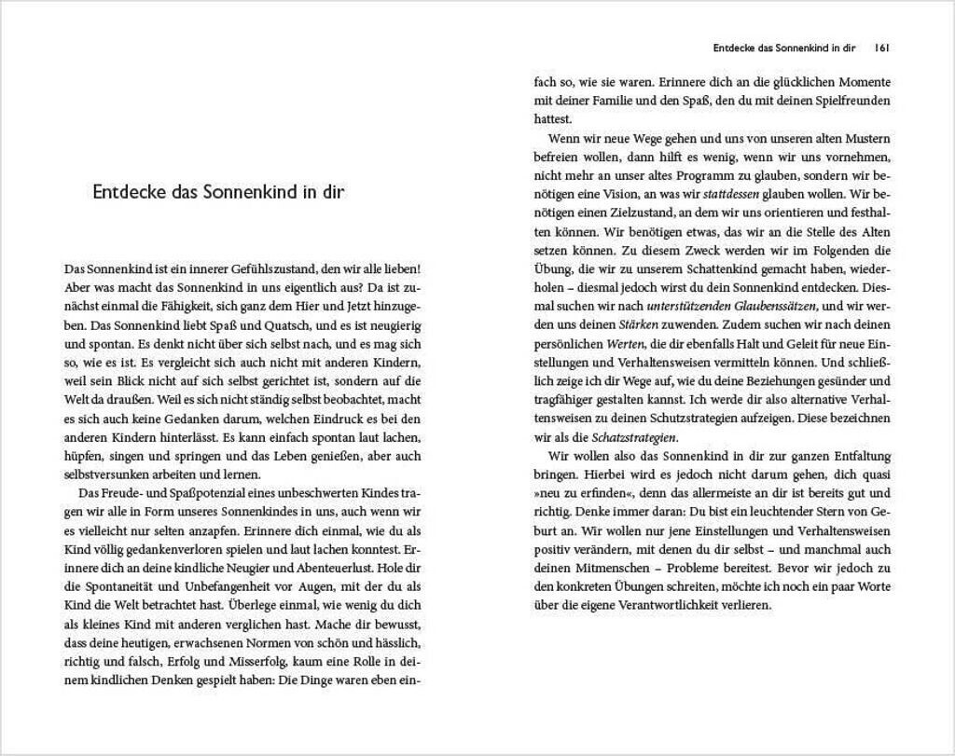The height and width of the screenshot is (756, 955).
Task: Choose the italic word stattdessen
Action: point(725,194)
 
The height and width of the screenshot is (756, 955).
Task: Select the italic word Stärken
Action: point(638,324)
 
